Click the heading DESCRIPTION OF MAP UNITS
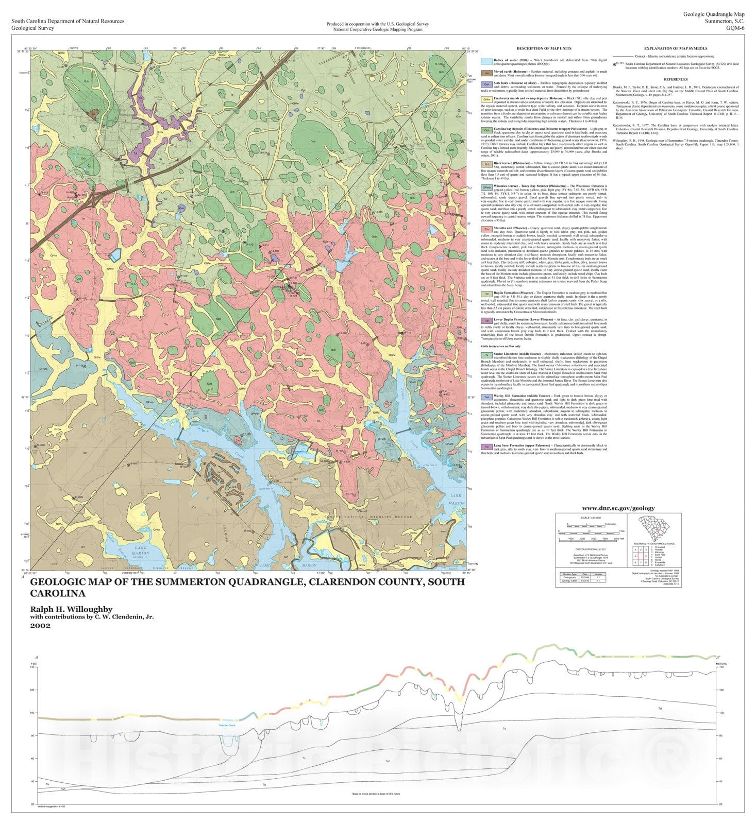(x=544, y=49)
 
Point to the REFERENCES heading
(x=676, y=79)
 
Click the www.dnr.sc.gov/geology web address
(x=618, y=508)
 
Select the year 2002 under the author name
(x=40, y=626)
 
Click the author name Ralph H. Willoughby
(x=71, y=609)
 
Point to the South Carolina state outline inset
(x=657, y=528)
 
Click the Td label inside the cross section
(x=660, y=709)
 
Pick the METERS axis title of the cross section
(x=721, y=664)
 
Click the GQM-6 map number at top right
(x=735, y=28)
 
